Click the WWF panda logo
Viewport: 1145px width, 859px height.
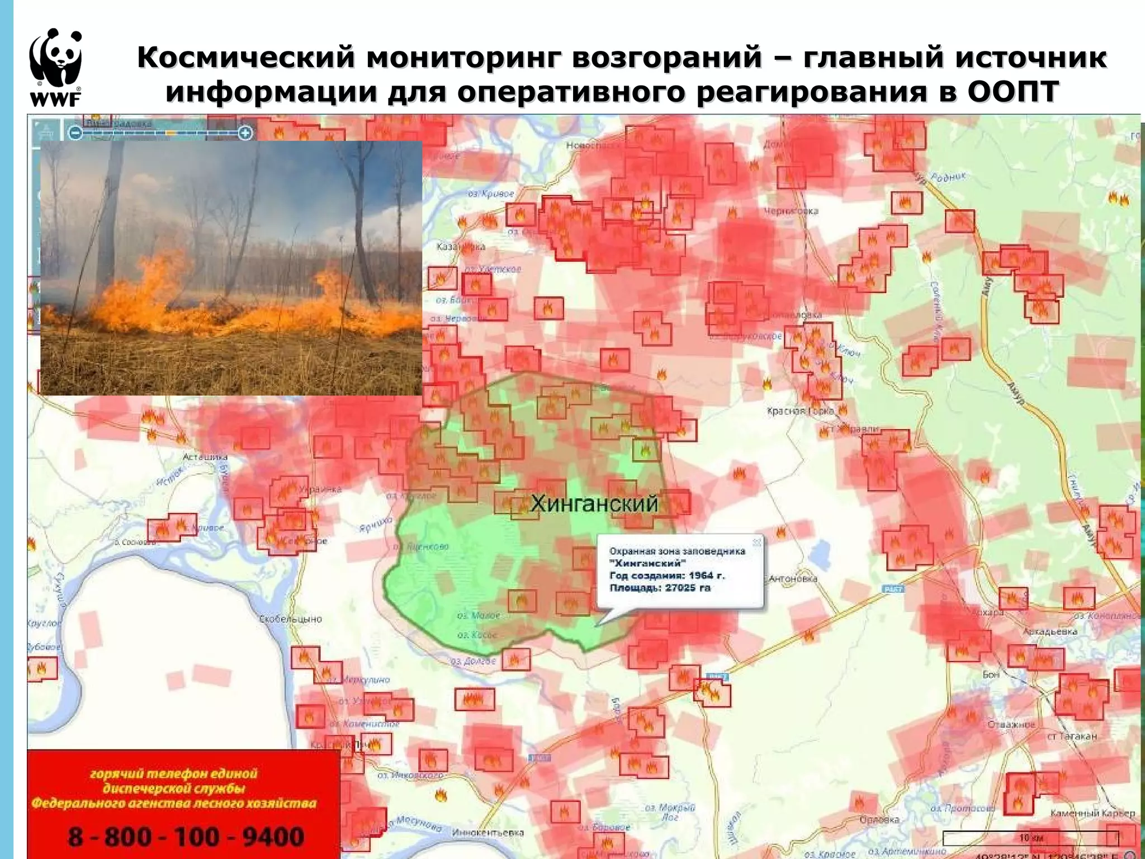tap(55, 67)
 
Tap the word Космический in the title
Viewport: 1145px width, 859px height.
tap(247, 57)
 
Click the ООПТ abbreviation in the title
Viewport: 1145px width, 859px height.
tap(1013, 91)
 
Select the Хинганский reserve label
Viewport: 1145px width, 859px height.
tap(594, 504)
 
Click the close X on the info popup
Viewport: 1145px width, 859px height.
tap(756, 542)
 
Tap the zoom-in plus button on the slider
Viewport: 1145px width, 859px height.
tap(245, 133)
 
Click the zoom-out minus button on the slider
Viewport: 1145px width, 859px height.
tap(75, 133)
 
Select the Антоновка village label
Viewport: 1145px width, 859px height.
tap(793, 579)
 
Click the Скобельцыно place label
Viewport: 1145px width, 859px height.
tap(290, 620)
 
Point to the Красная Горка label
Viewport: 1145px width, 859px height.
tap(800, 411)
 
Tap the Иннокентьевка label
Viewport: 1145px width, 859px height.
tap(488, 833)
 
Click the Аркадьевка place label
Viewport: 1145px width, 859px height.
tap(1049, 631)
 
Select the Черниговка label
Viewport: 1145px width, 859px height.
tap(791, 211)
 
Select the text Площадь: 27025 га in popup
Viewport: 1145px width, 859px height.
tap(660, 588)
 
